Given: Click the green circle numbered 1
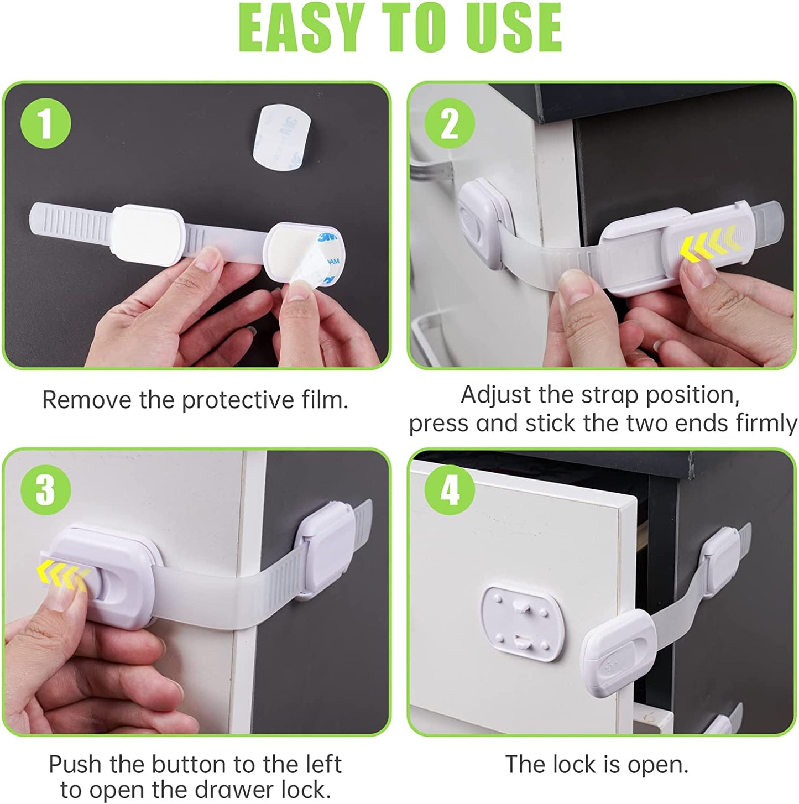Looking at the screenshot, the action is [x=46, y=123].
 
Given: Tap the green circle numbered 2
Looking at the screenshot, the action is [x=450, y=123].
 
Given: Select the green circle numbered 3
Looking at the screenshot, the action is [x=46, y=489].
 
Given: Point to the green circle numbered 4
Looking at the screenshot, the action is [x=450, y=489].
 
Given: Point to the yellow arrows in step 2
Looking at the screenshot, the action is [x=710, y=246].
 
